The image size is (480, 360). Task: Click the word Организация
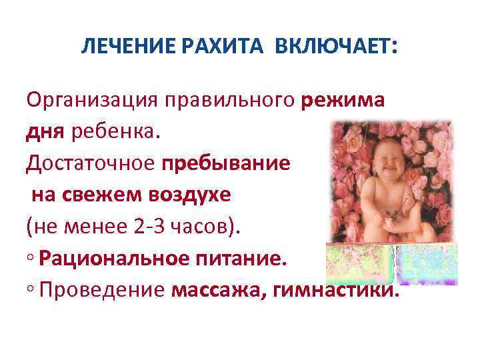(x=88, y=101)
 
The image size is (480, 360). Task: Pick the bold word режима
(x=343, y=101)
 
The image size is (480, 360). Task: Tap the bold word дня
(x=44, y=131)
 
